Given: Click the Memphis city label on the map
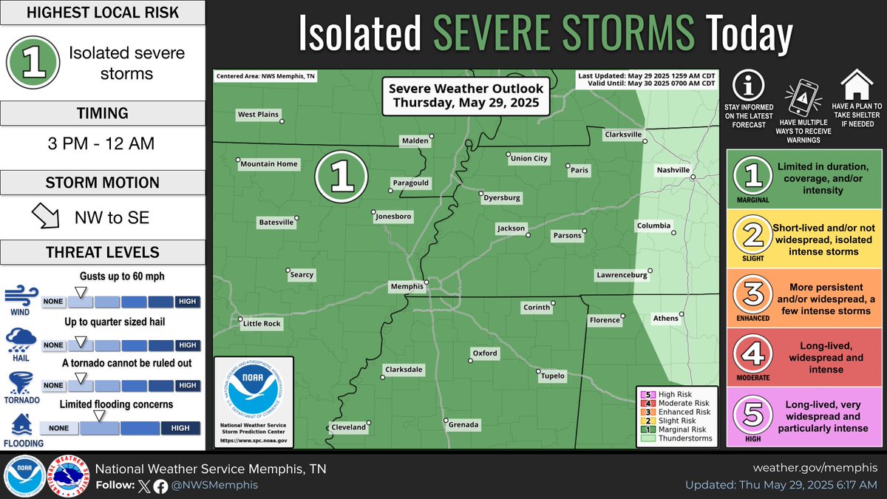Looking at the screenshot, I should pos(407,286).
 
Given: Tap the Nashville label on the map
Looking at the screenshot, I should pos(673,170).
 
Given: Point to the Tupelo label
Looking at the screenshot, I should pos(552,376).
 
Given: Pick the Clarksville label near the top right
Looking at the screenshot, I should pos(624,135).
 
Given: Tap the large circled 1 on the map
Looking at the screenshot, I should pos(341,176).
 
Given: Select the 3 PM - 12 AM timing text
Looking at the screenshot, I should pos(102,143).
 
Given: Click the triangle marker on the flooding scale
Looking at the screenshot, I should pos(99,415).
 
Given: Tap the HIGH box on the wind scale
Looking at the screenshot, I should pos(188,302).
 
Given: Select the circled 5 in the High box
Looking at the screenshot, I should pos(752,415).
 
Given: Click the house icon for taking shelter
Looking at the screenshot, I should pos(857,85).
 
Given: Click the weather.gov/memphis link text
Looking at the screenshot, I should pos(815,468).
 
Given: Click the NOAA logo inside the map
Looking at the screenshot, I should pos(253,394).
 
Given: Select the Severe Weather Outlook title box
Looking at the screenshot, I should pos(466,95).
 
